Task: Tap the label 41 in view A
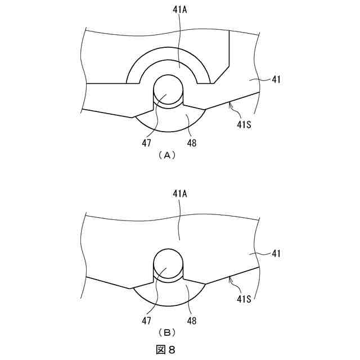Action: (x=276, y=80)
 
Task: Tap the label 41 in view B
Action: (x=276, y=254)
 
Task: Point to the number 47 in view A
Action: (x=146, y=143)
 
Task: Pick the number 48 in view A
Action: (x=192, y=143)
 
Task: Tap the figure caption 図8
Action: (x=165, y=349)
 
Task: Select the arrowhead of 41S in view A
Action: (x=229, y=103)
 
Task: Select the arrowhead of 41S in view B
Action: (x=229, y=277)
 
